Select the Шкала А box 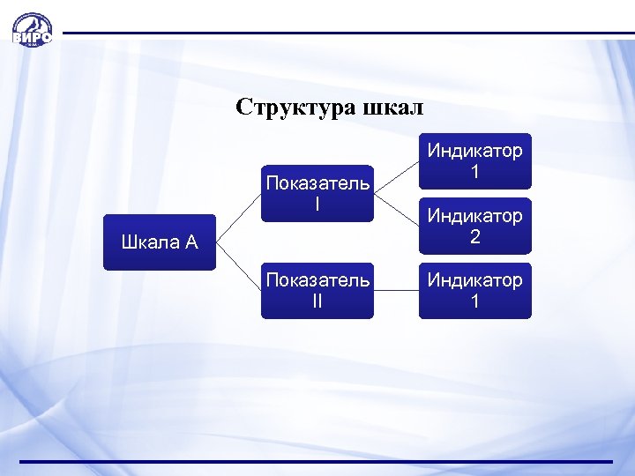159,242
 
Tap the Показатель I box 317,193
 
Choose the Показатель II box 317,290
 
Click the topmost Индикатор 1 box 474,161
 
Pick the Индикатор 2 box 474,226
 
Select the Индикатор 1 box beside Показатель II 474,290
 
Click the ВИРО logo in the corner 32,30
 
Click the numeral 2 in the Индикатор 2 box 474,237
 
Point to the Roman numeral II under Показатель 317,301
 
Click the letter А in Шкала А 191,243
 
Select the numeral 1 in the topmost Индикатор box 474,173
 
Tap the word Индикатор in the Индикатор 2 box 474,215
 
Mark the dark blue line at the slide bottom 317,461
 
